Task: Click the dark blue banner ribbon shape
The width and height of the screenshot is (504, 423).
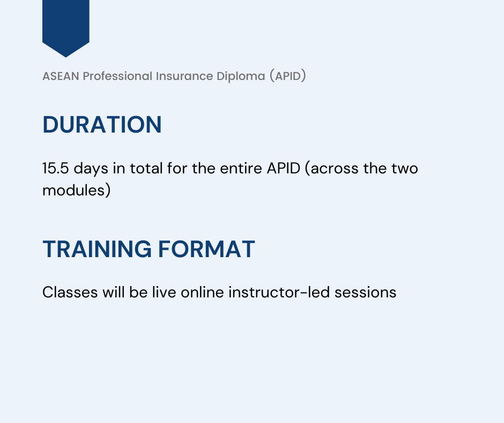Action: [65, 24]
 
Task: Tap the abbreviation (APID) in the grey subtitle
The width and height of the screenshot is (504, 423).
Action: [287, 76]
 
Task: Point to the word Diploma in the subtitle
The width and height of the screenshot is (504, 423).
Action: [240, 76]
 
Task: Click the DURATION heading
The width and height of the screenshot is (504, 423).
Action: [102, 125]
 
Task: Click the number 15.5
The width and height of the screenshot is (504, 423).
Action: [56, 168]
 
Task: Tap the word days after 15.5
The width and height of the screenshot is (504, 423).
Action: [91, 169]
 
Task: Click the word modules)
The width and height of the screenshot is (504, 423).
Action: [76, 191]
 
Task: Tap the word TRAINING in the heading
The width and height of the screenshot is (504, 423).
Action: [97, 250]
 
